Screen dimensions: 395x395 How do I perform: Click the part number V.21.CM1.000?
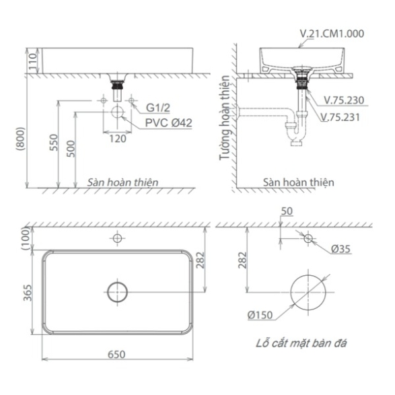coord(332,34)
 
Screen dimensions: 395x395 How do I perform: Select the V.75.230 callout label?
coord(344,100)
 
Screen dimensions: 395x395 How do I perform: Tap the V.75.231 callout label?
coord(340,117)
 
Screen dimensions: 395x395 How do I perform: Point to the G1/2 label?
coord(158,108)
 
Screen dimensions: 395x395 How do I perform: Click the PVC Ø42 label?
coord(168,123)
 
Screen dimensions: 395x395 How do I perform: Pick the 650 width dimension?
coord(116,355)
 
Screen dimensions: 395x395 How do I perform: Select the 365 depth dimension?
coord(28,293)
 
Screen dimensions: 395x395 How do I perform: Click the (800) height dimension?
coord(20,139)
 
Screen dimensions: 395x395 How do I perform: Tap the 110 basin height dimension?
coord(33,62)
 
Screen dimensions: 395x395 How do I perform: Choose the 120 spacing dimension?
coord(118,139)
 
